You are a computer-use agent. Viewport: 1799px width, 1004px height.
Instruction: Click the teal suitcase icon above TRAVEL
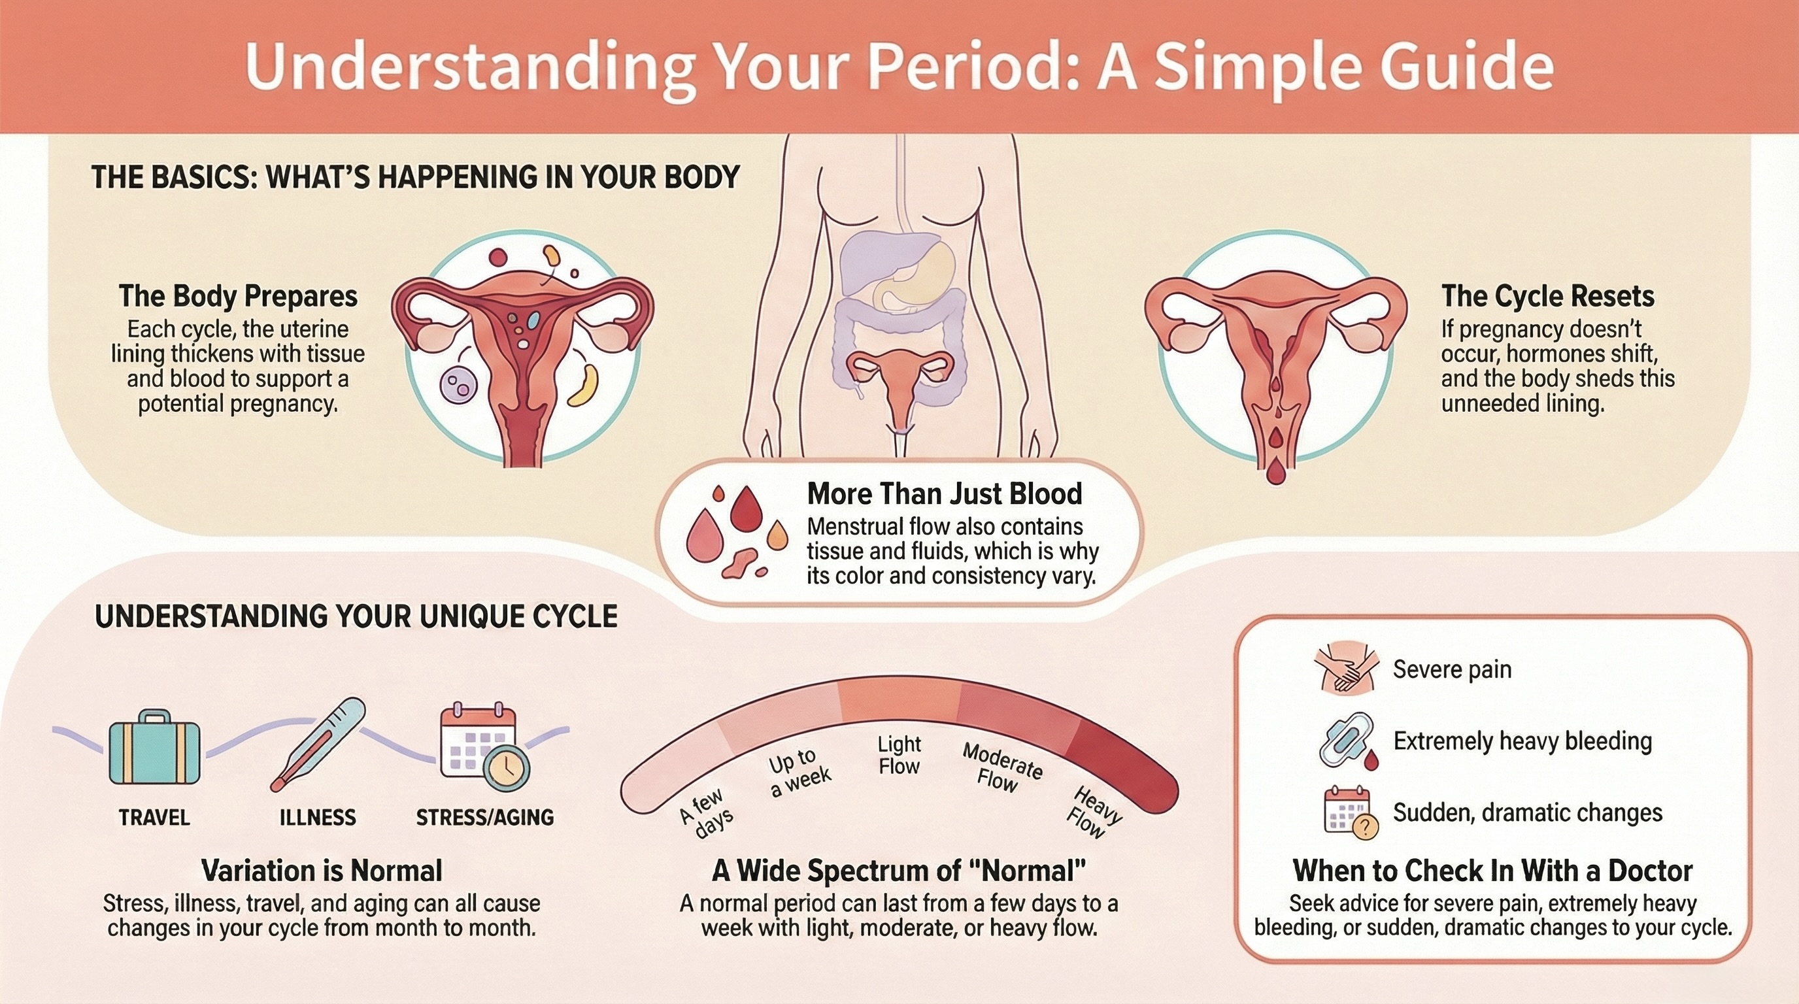coord(154,748)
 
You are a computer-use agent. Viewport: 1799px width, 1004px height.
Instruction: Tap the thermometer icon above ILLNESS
coord(318,745)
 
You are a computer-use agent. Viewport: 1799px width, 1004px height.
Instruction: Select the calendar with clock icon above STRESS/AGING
coord(483,748)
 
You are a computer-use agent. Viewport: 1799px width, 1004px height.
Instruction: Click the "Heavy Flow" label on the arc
coord(1094,811)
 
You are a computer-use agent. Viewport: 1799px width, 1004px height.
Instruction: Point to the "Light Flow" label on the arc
coord(899,755)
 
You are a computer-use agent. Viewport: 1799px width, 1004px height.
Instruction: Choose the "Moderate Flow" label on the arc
coord(1000,767)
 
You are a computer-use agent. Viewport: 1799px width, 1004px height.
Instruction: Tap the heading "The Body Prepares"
coord(238,296)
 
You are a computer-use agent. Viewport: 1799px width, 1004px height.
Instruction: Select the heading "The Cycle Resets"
coord(1547,296)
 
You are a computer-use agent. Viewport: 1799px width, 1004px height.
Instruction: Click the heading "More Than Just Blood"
coord(944,494)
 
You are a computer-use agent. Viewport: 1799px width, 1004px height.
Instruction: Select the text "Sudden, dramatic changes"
coord(1527,812)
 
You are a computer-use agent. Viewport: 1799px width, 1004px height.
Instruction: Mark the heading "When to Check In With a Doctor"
coord(1492,871)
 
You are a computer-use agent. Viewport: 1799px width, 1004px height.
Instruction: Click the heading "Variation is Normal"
coord(321,871)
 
